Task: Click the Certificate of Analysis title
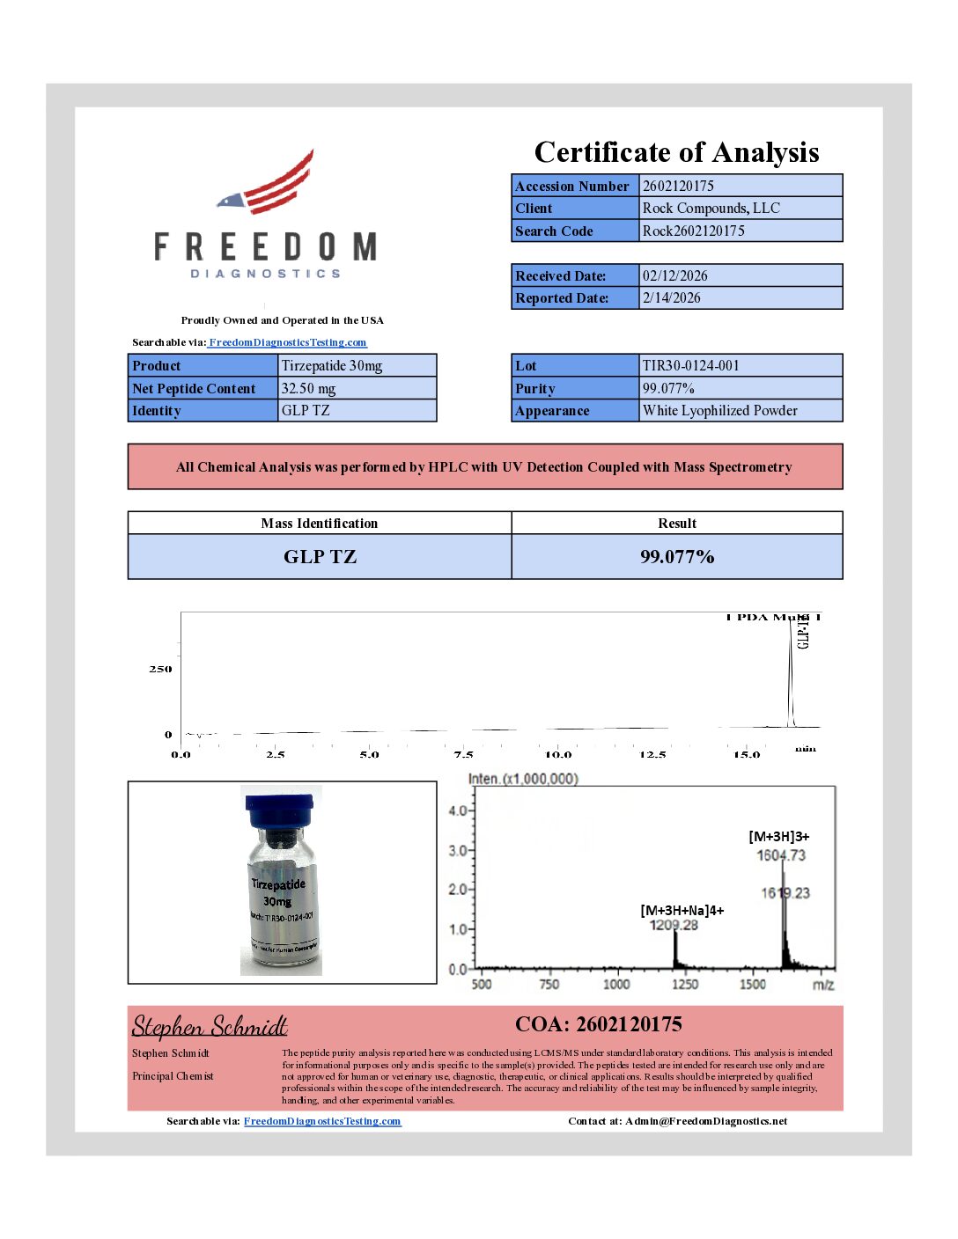click(x=676, y=152)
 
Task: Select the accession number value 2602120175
click(x=678, y=186)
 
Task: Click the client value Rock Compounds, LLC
click(x=711, y=209)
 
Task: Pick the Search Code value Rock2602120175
click(x=693, y=231)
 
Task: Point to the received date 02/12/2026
click(x=674, y=275)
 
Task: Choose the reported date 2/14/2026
click(x=671, y=297)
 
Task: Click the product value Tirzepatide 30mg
click(x=331, y=365)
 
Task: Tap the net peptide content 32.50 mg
click(x=308, y=388)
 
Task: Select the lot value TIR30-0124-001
click(x=690, y=365)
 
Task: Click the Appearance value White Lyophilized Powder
click(x=719, y=410)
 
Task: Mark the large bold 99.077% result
click(x=676, y=556)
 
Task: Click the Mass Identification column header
click(x=319, y=524)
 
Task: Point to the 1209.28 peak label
click(x=674, y=925)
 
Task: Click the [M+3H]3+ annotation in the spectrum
click(x=778, y=837)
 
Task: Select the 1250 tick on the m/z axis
click(x=685, y=984)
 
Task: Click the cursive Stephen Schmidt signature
click(x=210, y=1026)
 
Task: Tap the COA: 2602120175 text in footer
click(x=598, y=1024)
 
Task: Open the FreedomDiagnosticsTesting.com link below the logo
click(x=287, y=342)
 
